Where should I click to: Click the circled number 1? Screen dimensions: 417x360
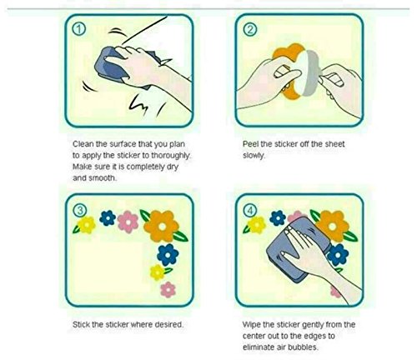pos(79,29)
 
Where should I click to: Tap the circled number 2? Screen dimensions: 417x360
pos(250,29)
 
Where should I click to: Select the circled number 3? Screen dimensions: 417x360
pos(80,211)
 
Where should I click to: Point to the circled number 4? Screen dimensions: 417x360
pos(250,211)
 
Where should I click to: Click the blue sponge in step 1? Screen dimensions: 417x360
pos(110,67)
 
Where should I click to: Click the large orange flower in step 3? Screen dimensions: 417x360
pos(162,226)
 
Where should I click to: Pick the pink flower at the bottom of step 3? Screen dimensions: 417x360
pos(168,289)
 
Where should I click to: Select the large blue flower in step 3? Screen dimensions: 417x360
pos(168,254)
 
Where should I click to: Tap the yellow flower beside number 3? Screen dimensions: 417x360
pos(86,224)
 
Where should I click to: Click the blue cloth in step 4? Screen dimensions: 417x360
pos(294,248)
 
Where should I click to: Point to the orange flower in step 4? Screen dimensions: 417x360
pos(333,226)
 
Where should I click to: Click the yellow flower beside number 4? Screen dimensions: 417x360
pos(256,224)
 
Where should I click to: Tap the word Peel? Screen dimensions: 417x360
pos(250,144)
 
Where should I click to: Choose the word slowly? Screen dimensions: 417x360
pos(254,156)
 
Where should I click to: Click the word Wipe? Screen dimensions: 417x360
pos(251,325)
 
